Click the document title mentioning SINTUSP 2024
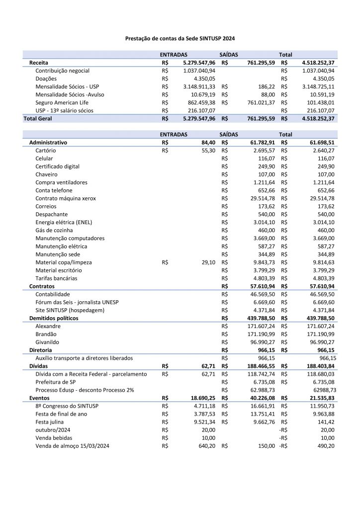click(180, 38)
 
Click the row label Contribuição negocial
click(62, 71)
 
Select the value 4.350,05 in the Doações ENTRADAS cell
click(202, 79)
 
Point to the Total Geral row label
click(38, 119)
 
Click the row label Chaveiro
click(46, 174)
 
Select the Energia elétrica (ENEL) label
click(64, 222)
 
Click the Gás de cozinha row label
click(54, 230)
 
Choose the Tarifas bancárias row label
click(56, 278)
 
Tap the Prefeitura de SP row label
click(55, 382)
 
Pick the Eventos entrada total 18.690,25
click(201, 398)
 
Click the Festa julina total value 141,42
click(324, 422)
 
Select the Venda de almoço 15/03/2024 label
click(72, 446)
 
